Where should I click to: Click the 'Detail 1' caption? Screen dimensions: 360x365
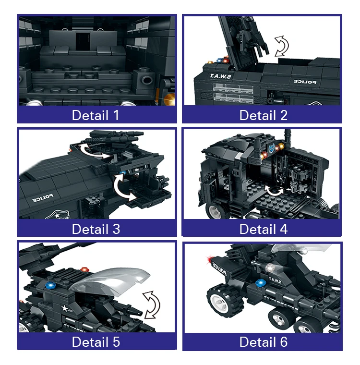(x=96, y=115)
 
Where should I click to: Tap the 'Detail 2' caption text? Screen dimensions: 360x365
(x=263, y=115)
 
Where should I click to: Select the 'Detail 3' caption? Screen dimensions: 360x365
(x=96, y=229)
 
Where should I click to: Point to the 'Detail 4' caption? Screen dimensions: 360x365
(x=264, y=229)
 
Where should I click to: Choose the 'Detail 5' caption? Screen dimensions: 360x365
(x=96, y=342)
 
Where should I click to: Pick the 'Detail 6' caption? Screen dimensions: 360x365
(x=264, y=342)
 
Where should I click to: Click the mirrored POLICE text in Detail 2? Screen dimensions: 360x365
(x=305, y=82)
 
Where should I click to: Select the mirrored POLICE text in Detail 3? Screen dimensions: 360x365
(x=43, y=198)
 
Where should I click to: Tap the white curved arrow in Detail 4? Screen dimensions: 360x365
(x=275, y=191)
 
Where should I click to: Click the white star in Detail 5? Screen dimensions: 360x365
(x=64, y=309)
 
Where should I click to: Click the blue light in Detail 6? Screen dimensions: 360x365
(x=261, y=283)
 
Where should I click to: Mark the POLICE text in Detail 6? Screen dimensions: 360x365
(x=219, y=268)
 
